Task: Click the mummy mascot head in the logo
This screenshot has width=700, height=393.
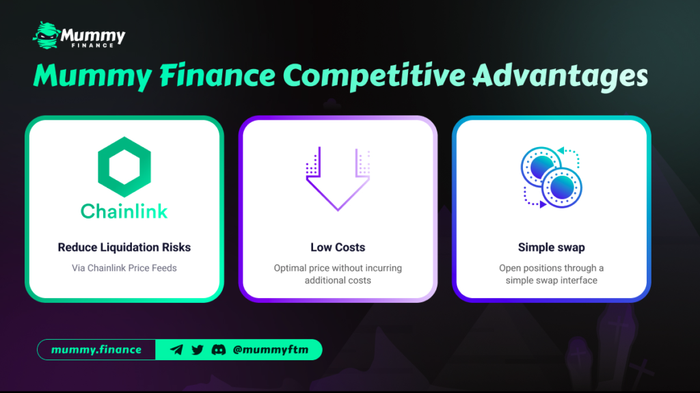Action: [46, 35]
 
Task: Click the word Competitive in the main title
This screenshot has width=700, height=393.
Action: [374, 75]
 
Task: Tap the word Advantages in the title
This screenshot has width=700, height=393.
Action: [561, 76]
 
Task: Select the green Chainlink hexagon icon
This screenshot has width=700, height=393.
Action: [124, 167]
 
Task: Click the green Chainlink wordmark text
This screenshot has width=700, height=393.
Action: [124, 211]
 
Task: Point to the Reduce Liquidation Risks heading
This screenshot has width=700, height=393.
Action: [124, 247]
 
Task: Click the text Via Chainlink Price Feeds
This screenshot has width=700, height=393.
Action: [124, 268]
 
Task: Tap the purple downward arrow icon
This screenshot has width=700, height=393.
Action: [338, 178]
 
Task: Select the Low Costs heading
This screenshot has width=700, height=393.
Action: [338, 247]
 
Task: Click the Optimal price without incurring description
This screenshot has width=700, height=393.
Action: [338, 274]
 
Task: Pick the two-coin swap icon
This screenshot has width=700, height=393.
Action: [552, 177]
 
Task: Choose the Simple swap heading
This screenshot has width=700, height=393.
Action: [552, 247]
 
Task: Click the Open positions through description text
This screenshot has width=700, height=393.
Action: [552, 274]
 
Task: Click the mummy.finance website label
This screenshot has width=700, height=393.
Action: [96, 350]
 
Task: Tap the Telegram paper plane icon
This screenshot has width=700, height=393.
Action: [176, 350]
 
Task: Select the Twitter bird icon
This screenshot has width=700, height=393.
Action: [198, 350]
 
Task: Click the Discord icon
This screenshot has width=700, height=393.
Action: [218, 350]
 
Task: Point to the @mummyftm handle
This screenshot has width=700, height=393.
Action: [271, 350]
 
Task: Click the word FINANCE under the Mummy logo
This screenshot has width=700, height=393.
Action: [93, 45]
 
